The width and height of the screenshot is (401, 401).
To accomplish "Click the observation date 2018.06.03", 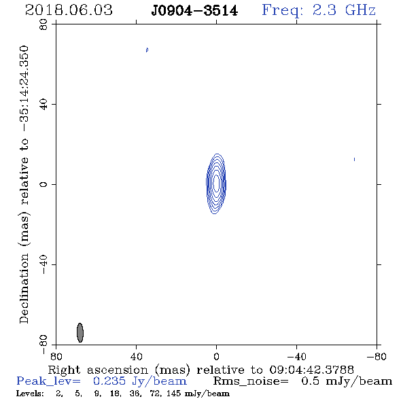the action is click(x=69, y=10).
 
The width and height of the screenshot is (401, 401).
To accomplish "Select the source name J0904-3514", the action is click(x=194, y=11).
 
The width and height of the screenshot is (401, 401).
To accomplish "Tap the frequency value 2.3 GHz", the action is click(x=344, y=10).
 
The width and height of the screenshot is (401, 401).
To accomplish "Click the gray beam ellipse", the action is click(x=80, y=332).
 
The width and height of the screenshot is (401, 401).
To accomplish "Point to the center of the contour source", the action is click(x=216, y=184).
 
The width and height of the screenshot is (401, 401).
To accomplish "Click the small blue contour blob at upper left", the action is click(x=147, y=50).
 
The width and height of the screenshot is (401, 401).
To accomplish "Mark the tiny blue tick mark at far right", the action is click(x=354, y=159).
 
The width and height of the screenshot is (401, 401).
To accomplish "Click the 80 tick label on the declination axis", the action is click(x=43, y=24).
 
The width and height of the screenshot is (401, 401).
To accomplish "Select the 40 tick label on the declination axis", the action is click(x=43, y=105).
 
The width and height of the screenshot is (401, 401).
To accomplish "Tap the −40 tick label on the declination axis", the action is click(x=43, y=264).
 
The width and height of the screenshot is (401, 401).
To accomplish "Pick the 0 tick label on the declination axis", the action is click(x=43, y=184).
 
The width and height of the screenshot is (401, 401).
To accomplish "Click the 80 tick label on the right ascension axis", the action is click(x=56, y=356).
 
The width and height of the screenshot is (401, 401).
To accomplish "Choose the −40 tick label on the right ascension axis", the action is click(x=296, y=356).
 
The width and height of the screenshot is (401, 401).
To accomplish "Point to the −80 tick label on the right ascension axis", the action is click(x=377, y=356).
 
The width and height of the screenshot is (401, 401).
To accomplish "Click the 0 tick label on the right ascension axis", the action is click(x=216, y=356).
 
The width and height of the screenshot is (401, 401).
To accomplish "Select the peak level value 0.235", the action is click(x=109, y=381).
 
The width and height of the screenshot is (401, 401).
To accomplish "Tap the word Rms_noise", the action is click(x=251, y=381).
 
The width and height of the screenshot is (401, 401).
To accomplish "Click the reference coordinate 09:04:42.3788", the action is click(x=311, y=370).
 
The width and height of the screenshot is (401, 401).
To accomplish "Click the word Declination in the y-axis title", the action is click(x=24, y=289).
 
